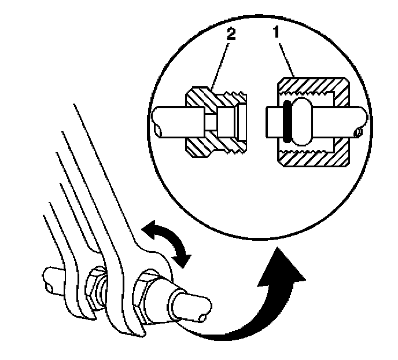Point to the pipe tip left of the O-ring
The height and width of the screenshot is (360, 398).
(x=272, y=123)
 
